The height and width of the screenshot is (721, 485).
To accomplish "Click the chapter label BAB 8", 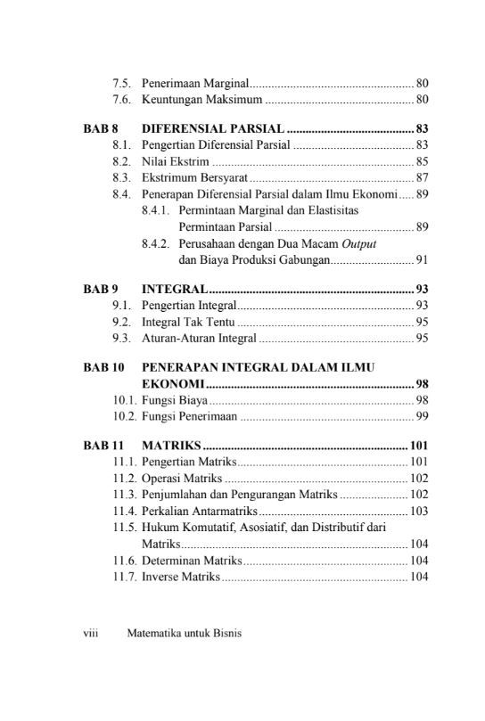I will pos(102,128).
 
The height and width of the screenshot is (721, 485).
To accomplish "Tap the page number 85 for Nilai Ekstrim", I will pos(422,161).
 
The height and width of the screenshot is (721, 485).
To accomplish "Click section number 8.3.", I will pos(123,177).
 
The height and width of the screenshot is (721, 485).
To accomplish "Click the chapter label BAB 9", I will pos(102,290).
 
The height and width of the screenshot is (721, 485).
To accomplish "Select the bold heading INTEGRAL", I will pos(175,290).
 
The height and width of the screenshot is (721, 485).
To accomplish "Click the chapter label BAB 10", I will pos(105,367).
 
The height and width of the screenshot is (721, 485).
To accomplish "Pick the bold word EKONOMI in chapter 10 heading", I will pos(173,384).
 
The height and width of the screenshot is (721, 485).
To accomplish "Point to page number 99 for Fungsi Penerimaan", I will pos(422,416).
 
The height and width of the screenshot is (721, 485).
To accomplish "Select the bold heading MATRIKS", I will pos(172,445).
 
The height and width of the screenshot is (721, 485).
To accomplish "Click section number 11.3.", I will pos(125,495).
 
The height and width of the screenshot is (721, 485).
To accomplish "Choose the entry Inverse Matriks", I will pos(180,577).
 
